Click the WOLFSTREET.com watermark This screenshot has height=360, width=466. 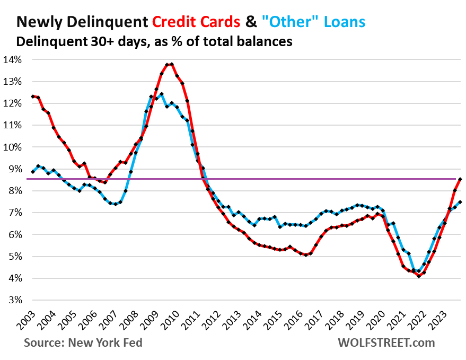386,343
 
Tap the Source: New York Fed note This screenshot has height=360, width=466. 83,343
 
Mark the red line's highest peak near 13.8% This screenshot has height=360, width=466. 172,64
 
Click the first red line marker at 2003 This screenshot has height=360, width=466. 33,96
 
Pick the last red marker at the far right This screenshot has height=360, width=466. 460,179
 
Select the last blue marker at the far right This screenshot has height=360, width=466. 460,202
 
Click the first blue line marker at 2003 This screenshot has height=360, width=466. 33,172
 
